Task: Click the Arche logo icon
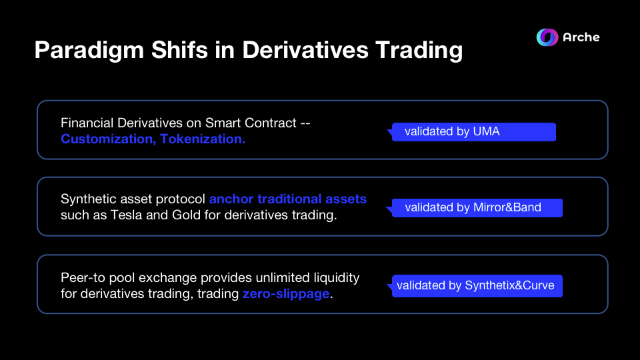547,37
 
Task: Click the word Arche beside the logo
581,37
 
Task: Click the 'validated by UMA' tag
473,131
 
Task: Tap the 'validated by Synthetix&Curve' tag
477,285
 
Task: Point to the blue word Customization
107,139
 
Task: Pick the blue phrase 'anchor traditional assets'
287,199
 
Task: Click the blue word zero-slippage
286,293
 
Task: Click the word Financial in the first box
84,123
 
